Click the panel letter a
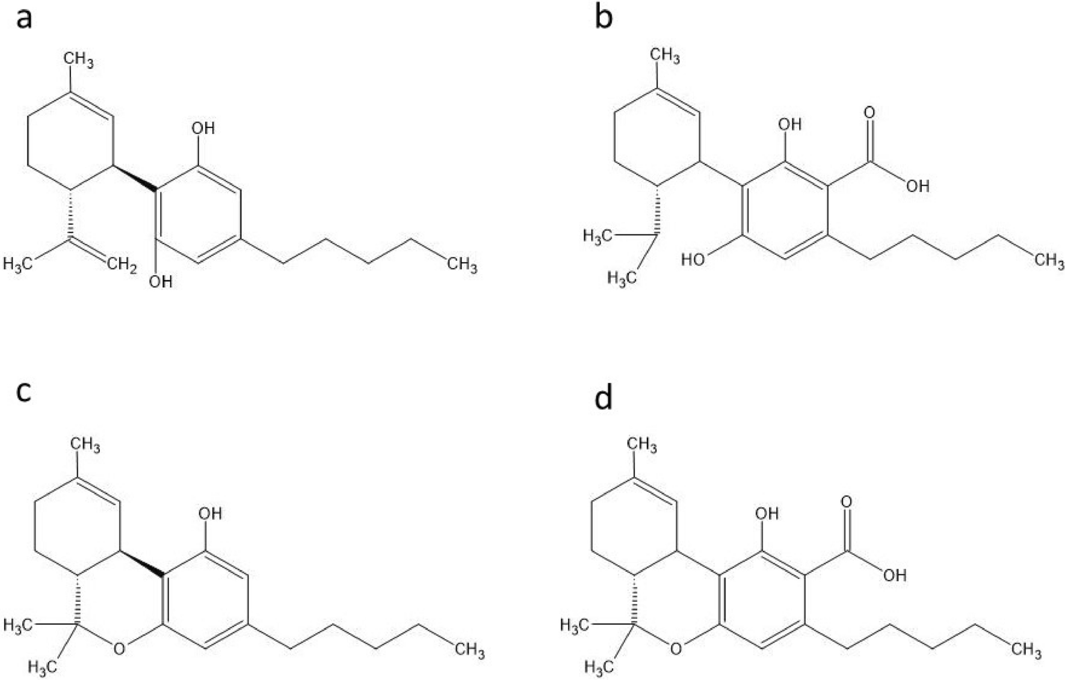pos(25,19)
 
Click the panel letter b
pos(603,18)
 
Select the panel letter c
pos(24,392)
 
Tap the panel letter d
pos(603,397)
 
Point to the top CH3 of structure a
pos(79,60)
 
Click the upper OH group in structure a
pos(203,128)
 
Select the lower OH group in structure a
pos(161,281)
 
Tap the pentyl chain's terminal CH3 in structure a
pos(462,265)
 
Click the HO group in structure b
pos(693,260)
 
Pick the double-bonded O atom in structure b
pos(869,112)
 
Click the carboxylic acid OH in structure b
pos(917,186)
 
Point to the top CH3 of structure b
pos(665,57)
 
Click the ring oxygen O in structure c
pos(119,648)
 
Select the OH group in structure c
pos(210,513)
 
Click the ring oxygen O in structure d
pos(676,648)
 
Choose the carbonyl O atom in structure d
pos(847,501)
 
